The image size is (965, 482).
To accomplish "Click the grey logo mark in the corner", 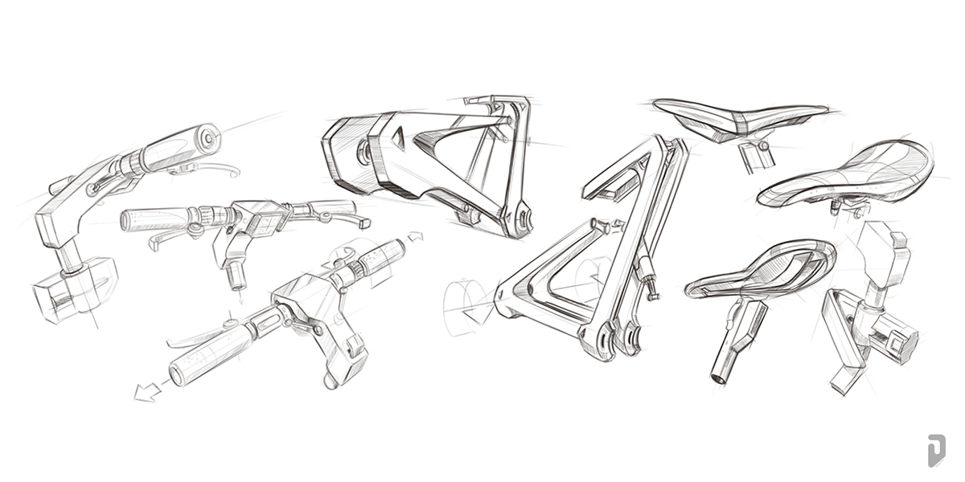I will coord(934,450).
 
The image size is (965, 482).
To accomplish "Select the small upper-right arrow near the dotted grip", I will coord(415,236).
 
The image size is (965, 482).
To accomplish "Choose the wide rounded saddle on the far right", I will coord(848,174).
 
